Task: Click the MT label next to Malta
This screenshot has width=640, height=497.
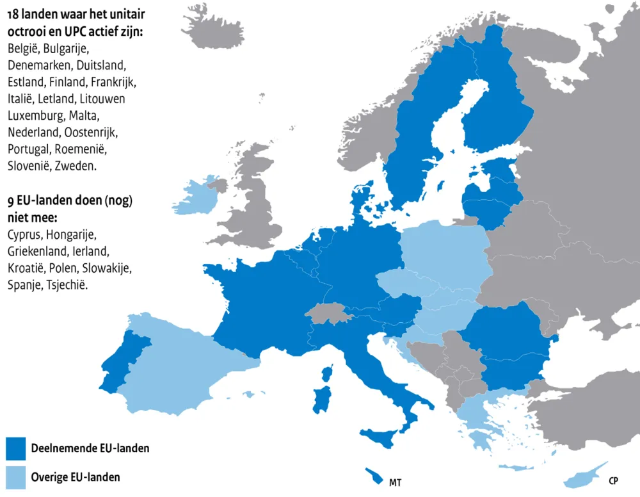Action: (396, 480)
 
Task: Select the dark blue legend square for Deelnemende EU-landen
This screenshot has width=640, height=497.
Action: (15, 448)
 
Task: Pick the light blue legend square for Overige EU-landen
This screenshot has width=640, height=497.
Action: (15, 477)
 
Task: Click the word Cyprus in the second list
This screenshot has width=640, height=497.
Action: (24, 217)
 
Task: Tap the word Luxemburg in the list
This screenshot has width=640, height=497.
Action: (35, 116)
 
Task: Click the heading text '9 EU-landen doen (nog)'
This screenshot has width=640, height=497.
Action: (70, 200)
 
